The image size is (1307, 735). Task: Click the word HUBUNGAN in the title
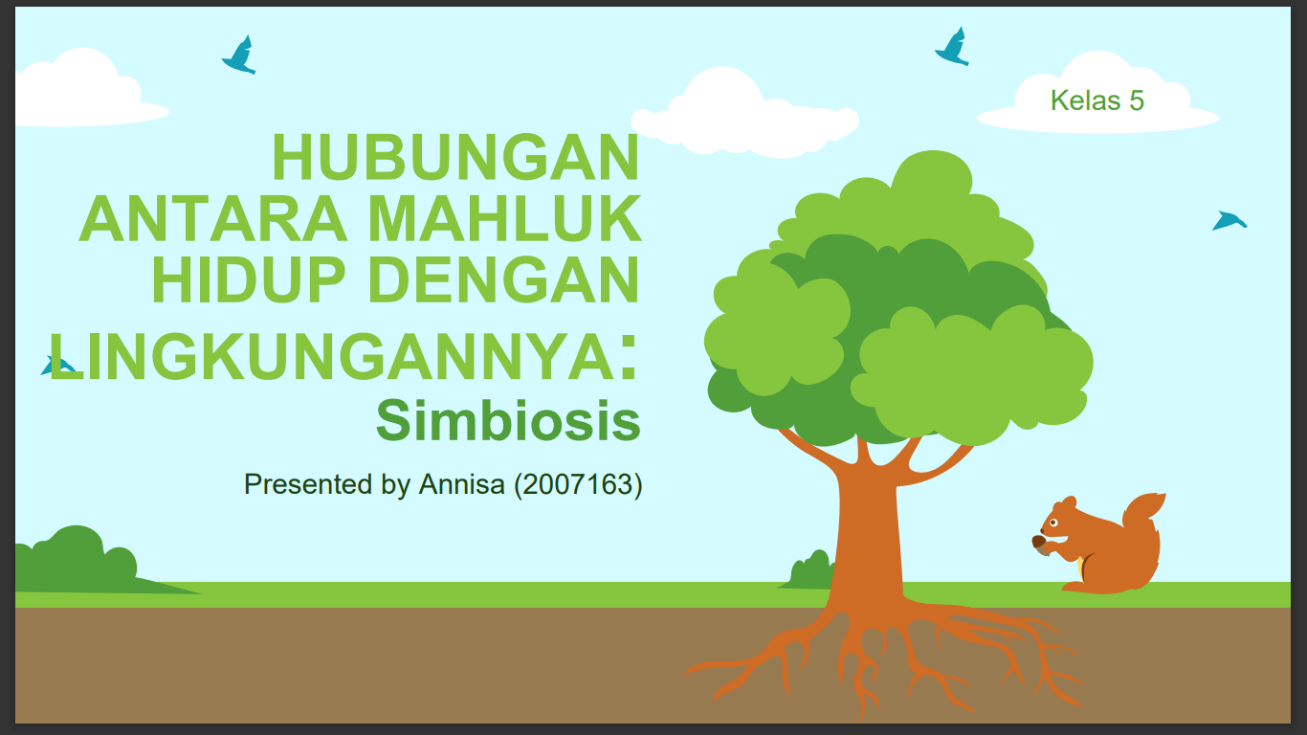(455, 157)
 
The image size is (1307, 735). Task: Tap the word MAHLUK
(504, 219)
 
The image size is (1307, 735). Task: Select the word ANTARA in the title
(213, 219)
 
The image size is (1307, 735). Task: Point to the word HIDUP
(249, 280)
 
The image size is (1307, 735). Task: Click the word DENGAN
(503, 280)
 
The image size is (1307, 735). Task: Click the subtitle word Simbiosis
(508, 420)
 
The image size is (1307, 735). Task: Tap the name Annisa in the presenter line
(461, 484)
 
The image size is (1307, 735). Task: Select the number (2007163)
(578, 484)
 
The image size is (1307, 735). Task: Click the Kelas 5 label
(1097, 100)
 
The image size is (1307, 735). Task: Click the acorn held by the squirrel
(1038, 543)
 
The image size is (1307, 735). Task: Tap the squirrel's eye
(1053, 522)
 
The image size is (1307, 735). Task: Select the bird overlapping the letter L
(57, 366)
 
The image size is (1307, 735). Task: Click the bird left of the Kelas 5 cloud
(952, 47)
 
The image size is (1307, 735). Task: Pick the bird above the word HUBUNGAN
(240, 55)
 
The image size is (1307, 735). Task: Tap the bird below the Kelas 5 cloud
(1229, 221)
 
